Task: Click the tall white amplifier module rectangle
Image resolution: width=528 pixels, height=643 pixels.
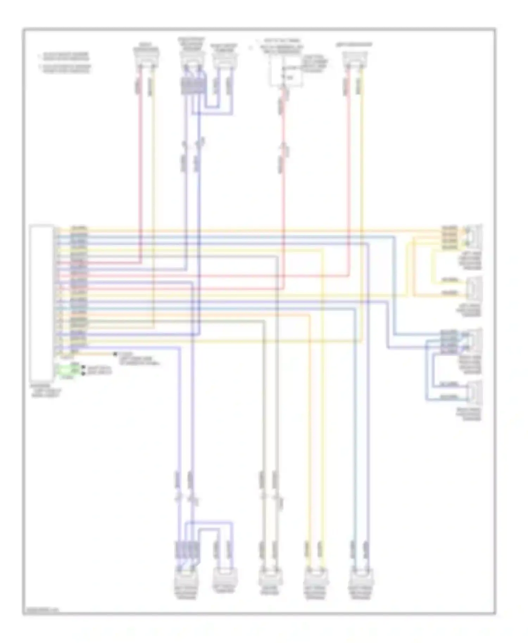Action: coord(42,303)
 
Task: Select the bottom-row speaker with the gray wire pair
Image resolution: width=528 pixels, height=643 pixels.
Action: coord(269,579)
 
